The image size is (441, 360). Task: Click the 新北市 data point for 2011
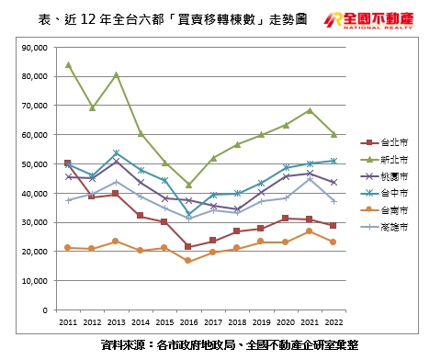(x=69, y=64)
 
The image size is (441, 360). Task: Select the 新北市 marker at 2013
(x=116, y=74)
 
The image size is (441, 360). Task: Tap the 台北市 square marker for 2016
(x=188, y=247)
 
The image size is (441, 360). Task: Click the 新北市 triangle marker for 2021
(x=310, y=110)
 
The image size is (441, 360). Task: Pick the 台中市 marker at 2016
(x=188, y=215)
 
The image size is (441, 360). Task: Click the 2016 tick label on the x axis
(x=188, y=323)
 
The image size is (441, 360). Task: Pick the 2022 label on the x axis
(x=334, y=323)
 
